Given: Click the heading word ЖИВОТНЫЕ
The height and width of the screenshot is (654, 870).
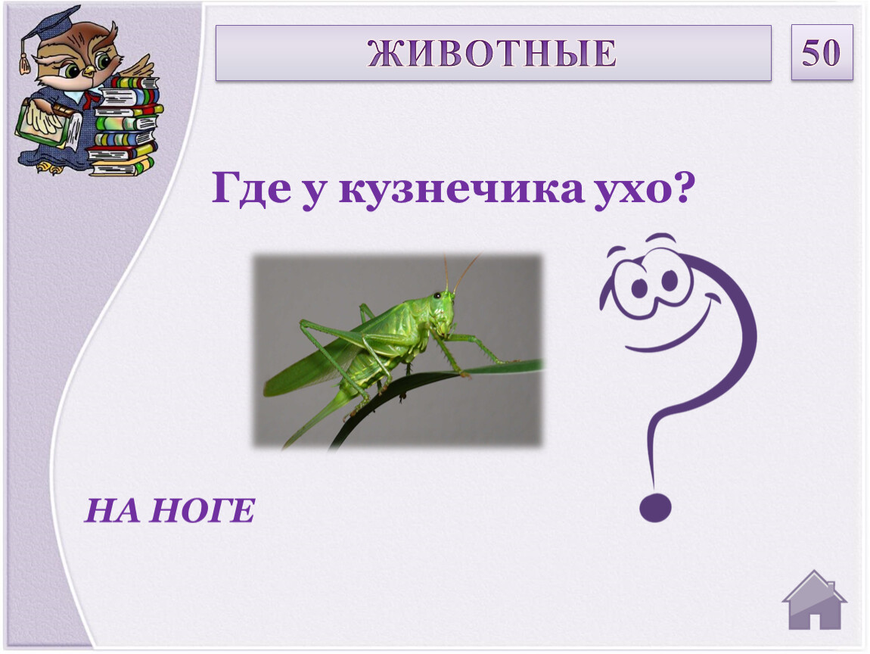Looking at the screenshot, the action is tap(492, 53).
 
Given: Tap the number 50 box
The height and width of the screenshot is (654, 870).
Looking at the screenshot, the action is tap(822, 53).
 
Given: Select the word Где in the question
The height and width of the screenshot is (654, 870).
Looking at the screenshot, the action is tap(252, 188).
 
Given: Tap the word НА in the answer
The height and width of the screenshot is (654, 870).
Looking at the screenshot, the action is tap(113, 511).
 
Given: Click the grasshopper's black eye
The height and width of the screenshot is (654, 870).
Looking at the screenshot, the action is tap(438, 295).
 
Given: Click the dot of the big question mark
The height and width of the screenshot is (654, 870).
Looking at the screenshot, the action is tap(655, 507).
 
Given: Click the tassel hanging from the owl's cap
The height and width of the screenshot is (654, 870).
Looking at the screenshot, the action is tap(24, 58).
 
